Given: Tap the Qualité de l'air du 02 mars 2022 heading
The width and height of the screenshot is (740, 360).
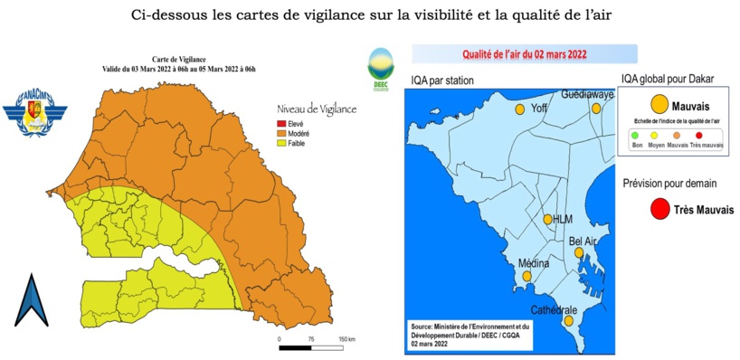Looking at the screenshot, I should [x=525, y=54].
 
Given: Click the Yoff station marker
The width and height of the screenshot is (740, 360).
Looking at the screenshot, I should [x=520, y=109].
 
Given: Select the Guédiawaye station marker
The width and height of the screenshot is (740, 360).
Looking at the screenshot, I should [x=597, y=109].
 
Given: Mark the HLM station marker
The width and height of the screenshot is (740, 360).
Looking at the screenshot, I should [x=547, y=219].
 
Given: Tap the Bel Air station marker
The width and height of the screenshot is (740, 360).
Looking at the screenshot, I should [x=579, y=253].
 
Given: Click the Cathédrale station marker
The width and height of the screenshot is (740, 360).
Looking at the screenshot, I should [x=569, y=320].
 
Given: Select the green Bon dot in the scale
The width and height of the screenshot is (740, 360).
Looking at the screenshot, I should [x=636, y=136].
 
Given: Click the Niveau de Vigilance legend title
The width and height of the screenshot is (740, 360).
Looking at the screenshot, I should [x=318, y=109].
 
